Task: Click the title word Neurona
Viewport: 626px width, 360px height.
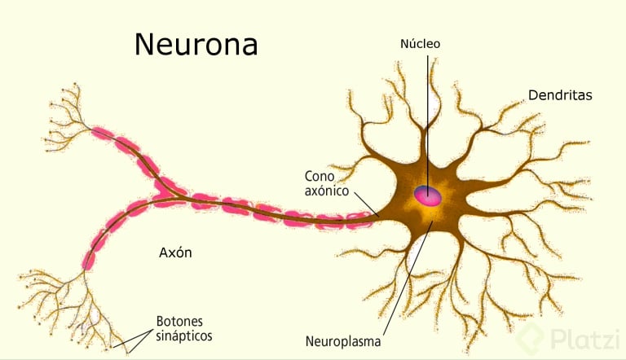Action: click(196, 44)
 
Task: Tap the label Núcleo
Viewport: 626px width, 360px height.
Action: click(420, 43)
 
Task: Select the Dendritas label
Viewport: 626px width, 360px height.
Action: click(560, 95)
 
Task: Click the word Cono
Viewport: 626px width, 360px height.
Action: click(320, 176)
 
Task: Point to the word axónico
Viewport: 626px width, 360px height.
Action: click(327, 191)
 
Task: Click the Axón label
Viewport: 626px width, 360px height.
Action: click(175, 252)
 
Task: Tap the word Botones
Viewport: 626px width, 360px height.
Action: click(179, 321)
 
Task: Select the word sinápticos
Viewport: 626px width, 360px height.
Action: click(184, 336)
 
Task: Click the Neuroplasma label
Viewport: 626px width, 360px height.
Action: click(343, 341)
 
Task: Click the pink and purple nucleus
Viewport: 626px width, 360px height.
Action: click(428, 195)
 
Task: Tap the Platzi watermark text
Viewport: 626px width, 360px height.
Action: click(585, 340)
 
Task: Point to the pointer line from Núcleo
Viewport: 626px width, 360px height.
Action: click(428, 125)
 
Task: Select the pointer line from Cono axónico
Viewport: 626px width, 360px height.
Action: click(367, 204)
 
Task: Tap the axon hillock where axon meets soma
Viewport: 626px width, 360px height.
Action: click(381, 217)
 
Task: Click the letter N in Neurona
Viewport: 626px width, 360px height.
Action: click(144, 44)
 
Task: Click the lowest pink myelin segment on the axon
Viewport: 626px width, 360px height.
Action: click(89, 261)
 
